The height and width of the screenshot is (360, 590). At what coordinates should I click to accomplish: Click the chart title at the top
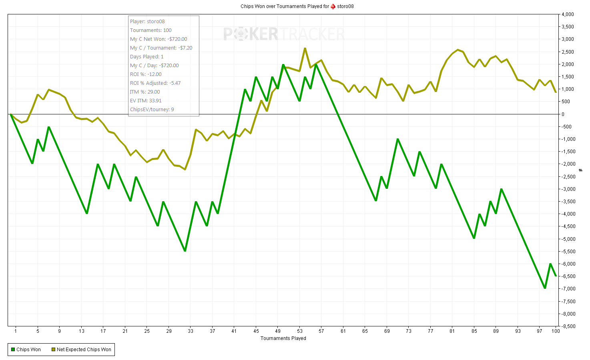(x=297, y=6)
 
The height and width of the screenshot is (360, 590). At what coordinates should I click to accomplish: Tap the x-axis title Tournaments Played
(x=283, y=338)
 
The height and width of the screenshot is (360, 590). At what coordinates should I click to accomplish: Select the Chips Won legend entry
(x=26, y=350)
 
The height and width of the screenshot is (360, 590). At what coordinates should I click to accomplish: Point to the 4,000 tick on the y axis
(x=568, y=14)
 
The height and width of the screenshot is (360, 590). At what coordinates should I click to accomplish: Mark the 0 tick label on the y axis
(x=563, y=114)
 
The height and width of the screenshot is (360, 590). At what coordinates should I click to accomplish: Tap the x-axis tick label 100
(x=556, y=331)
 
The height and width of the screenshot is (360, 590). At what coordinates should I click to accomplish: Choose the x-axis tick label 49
(x=278, y=331)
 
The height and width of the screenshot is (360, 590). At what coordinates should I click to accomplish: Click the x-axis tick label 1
(x=16, y=331)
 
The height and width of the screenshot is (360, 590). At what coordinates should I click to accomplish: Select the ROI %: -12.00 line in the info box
(x=146, y=74)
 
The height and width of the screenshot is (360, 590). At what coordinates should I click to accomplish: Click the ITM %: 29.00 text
(x=145, y=92)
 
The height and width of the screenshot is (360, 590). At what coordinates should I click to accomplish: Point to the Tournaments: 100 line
(x=151, y=30)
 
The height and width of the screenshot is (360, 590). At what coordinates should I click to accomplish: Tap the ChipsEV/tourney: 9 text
(x=152, y=110)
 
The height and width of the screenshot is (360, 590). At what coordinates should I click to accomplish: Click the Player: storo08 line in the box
(x=147, y=22)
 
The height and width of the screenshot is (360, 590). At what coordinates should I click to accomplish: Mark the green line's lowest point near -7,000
(x=545, y=288)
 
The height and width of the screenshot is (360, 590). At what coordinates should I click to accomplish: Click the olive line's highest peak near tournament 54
(x=305, y=48)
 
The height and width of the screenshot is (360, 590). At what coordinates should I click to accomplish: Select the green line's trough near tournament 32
(x=185, y=251)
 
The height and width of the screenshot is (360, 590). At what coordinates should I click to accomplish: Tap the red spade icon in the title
(x=333, y=6)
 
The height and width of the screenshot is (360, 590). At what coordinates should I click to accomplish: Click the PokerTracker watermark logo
(x=284, y=34)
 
